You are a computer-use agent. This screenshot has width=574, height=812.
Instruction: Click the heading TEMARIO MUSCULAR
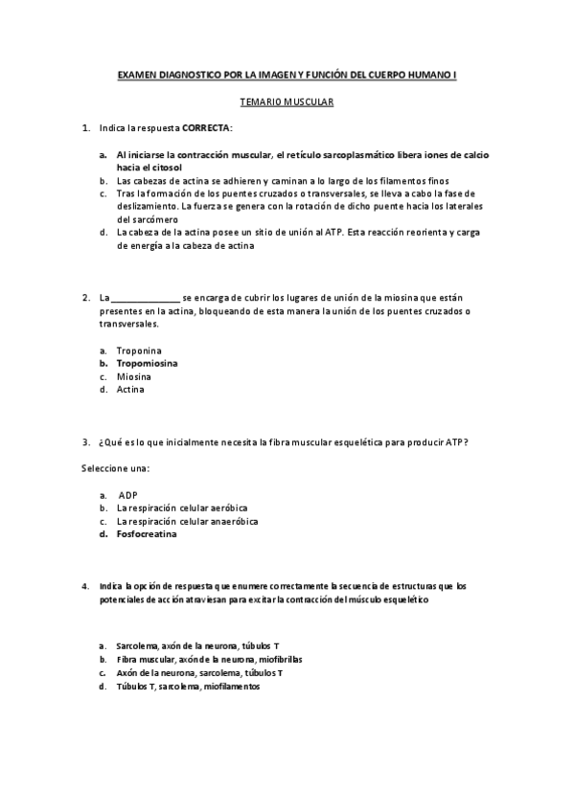click(x=287, y=100)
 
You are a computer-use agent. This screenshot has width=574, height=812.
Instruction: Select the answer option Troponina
click(x=140, y=350)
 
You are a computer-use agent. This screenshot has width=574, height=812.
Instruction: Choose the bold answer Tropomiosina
click(x=147, y=364)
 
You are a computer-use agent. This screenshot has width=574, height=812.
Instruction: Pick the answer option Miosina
click(x=135, y=376)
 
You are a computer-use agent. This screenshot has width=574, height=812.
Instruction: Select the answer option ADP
click(x=128, y=495)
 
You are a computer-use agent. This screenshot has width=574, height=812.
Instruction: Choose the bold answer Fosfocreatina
click(x=147, y=534)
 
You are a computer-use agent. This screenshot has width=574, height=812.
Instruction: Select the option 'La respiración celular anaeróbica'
click(x=187, y=522)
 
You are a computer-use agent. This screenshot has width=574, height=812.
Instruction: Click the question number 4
click(x=86, y=585)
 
